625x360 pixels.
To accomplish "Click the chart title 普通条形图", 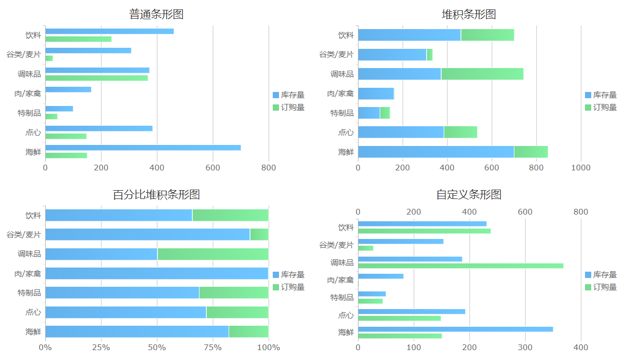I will (x=156, y=15).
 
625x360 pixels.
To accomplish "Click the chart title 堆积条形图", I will (x=469, y=15).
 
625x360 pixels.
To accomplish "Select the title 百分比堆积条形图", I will (x=156, y=195).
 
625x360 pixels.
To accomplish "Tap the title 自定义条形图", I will (x=469, y=195).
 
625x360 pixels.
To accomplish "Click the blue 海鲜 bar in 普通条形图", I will (x=143, y=148).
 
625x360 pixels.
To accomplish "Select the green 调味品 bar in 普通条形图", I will (x=96, y=78).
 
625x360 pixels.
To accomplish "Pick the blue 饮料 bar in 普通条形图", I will (x=109, y=31).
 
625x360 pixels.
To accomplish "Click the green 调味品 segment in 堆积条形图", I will (x=482, y=74).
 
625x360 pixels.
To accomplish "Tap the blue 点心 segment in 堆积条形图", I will (x=401, y=132).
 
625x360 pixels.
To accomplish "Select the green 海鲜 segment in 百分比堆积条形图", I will (x=248, y=331).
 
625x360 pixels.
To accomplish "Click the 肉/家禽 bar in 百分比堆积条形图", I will (x=156, y=273).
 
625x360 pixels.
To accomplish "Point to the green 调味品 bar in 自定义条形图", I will (x=460, y=266).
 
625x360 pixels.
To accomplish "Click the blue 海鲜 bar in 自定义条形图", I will (x=455, y=329).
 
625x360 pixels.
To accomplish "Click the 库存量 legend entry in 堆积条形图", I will (x=601, y=95).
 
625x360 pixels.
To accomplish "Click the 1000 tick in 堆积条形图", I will (x=581, y=168).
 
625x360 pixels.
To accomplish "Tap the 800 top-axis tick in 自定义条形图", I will (x=581, y=212).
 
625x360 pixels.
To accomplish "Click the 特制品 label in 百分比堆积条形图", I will (x=29, y=293).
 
